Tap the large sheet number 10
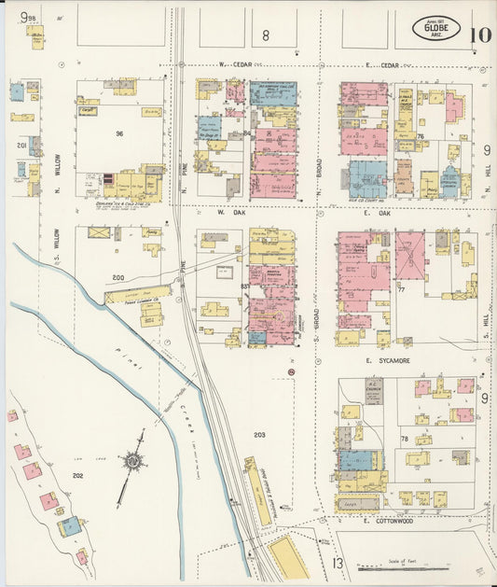(x=481, y=35)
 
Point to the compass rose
(x=134, y=461)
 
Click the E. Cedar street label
(x=382, y=66)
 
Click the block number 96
(x=119, y=133)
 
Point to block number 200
(x=117, y=278)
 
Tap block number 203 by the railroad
(x=258, y=436)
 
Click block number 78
(x=404, y=439)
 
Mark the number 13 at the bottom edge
(x=337, y=563)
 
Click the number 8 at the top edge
(x=265, y=36)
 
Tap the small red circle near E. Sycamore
(x=292, y=373)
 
